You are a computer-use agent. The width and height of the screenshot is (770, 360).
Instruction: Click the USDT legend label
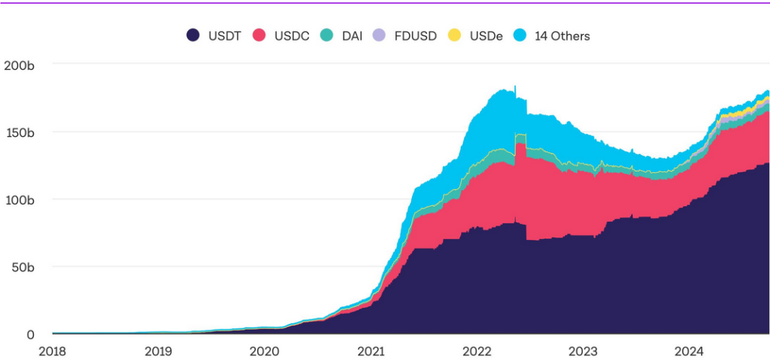pyautogui.click(x=224, y=35)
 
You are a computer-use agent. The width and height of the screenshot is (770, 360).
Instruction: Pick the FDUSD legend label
pyautogui.click(x=415, y=35)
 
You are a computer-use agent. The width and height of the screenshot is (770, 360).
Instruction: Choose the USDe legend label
pyautogui.click(x=486, y=35)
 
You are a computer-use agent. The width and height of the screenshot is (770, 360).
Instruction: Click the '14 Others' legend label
pyautogui.click(x=562, y=35)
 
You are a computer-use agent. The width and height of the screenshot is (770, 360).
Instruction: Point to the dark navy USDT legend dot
pyautogui.click(x=193, y=35)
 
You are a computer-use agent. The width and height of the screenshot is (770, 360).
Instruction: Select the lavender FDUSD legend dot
pyautogui.click(x=380, y=35)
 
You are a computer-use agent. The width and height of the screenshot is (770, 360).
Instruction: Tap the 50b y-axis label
pyautogui.click(x=22, y=267)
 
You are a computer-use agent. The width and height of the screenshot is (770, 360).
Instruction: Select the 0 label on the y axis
pyautogui.click(x=30, y=334)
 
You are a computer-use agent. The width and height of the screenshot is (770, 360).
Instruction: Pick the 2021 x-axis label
pyautogui.click(x=371, y=351)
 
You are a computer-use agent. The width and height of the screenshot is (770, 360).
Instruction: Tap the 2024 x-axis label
pyautogui.click(x=689, y=351)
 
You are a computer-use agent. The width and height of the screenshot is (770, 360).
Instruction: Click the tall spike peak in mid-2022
pyautogui.click(x=515, y=86)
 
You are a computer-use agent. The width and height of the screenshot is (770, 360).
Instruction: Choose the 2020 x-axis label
pyautogui.click(x=264, y=351)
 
